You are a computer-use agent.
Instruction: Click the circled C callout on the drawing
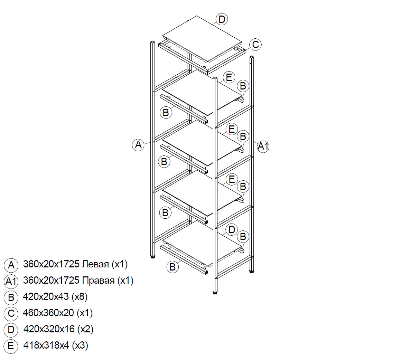255,45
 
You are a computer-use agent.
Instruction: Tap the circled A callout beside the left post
138,144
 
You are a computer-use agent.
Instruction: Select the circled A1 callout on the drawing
263,146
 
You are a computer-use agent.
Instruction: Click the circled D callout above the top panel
222,19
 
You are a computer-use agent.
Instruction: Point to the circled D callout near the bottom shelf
232,230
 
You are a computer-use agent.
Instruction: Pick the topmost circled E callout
229,77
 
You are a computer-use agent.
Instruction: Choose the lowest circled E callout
232,179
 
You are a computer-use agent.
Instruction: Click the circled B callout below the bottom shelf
173,267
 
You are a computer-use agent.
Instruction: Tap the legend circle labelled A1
11,281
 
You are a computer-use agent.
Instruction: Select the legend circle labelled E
11,346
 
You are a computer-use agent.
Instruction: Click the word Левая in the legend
95,264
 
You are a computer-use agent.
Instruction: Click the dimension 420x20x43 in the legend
46,296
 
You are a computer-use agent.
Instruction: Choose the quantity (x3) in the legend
80,345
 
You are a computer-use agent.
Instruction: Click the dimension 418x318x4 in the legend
46,345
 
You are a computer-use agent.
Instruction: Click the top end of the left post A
152,42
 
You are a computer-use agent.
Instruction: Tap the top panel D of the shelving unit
202,38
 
